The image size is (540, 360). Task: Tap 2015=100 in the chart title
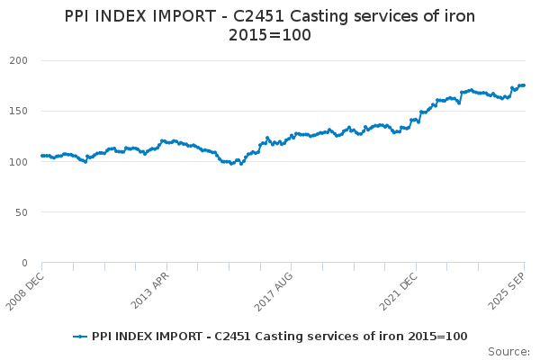pyautogui.click(x=270, y=34)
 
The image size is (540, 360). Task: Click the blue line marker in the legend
pyautogui.click(x=80, y=336)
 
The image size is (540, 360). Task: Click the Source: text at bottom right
pyautogui.click(x=508, y=351)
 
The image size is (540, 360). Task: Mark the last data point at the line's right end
pyautogui.click(x=524, y=85)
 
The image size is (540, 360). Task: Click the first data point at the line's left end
pyautogui.click(x=42, y=156)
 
